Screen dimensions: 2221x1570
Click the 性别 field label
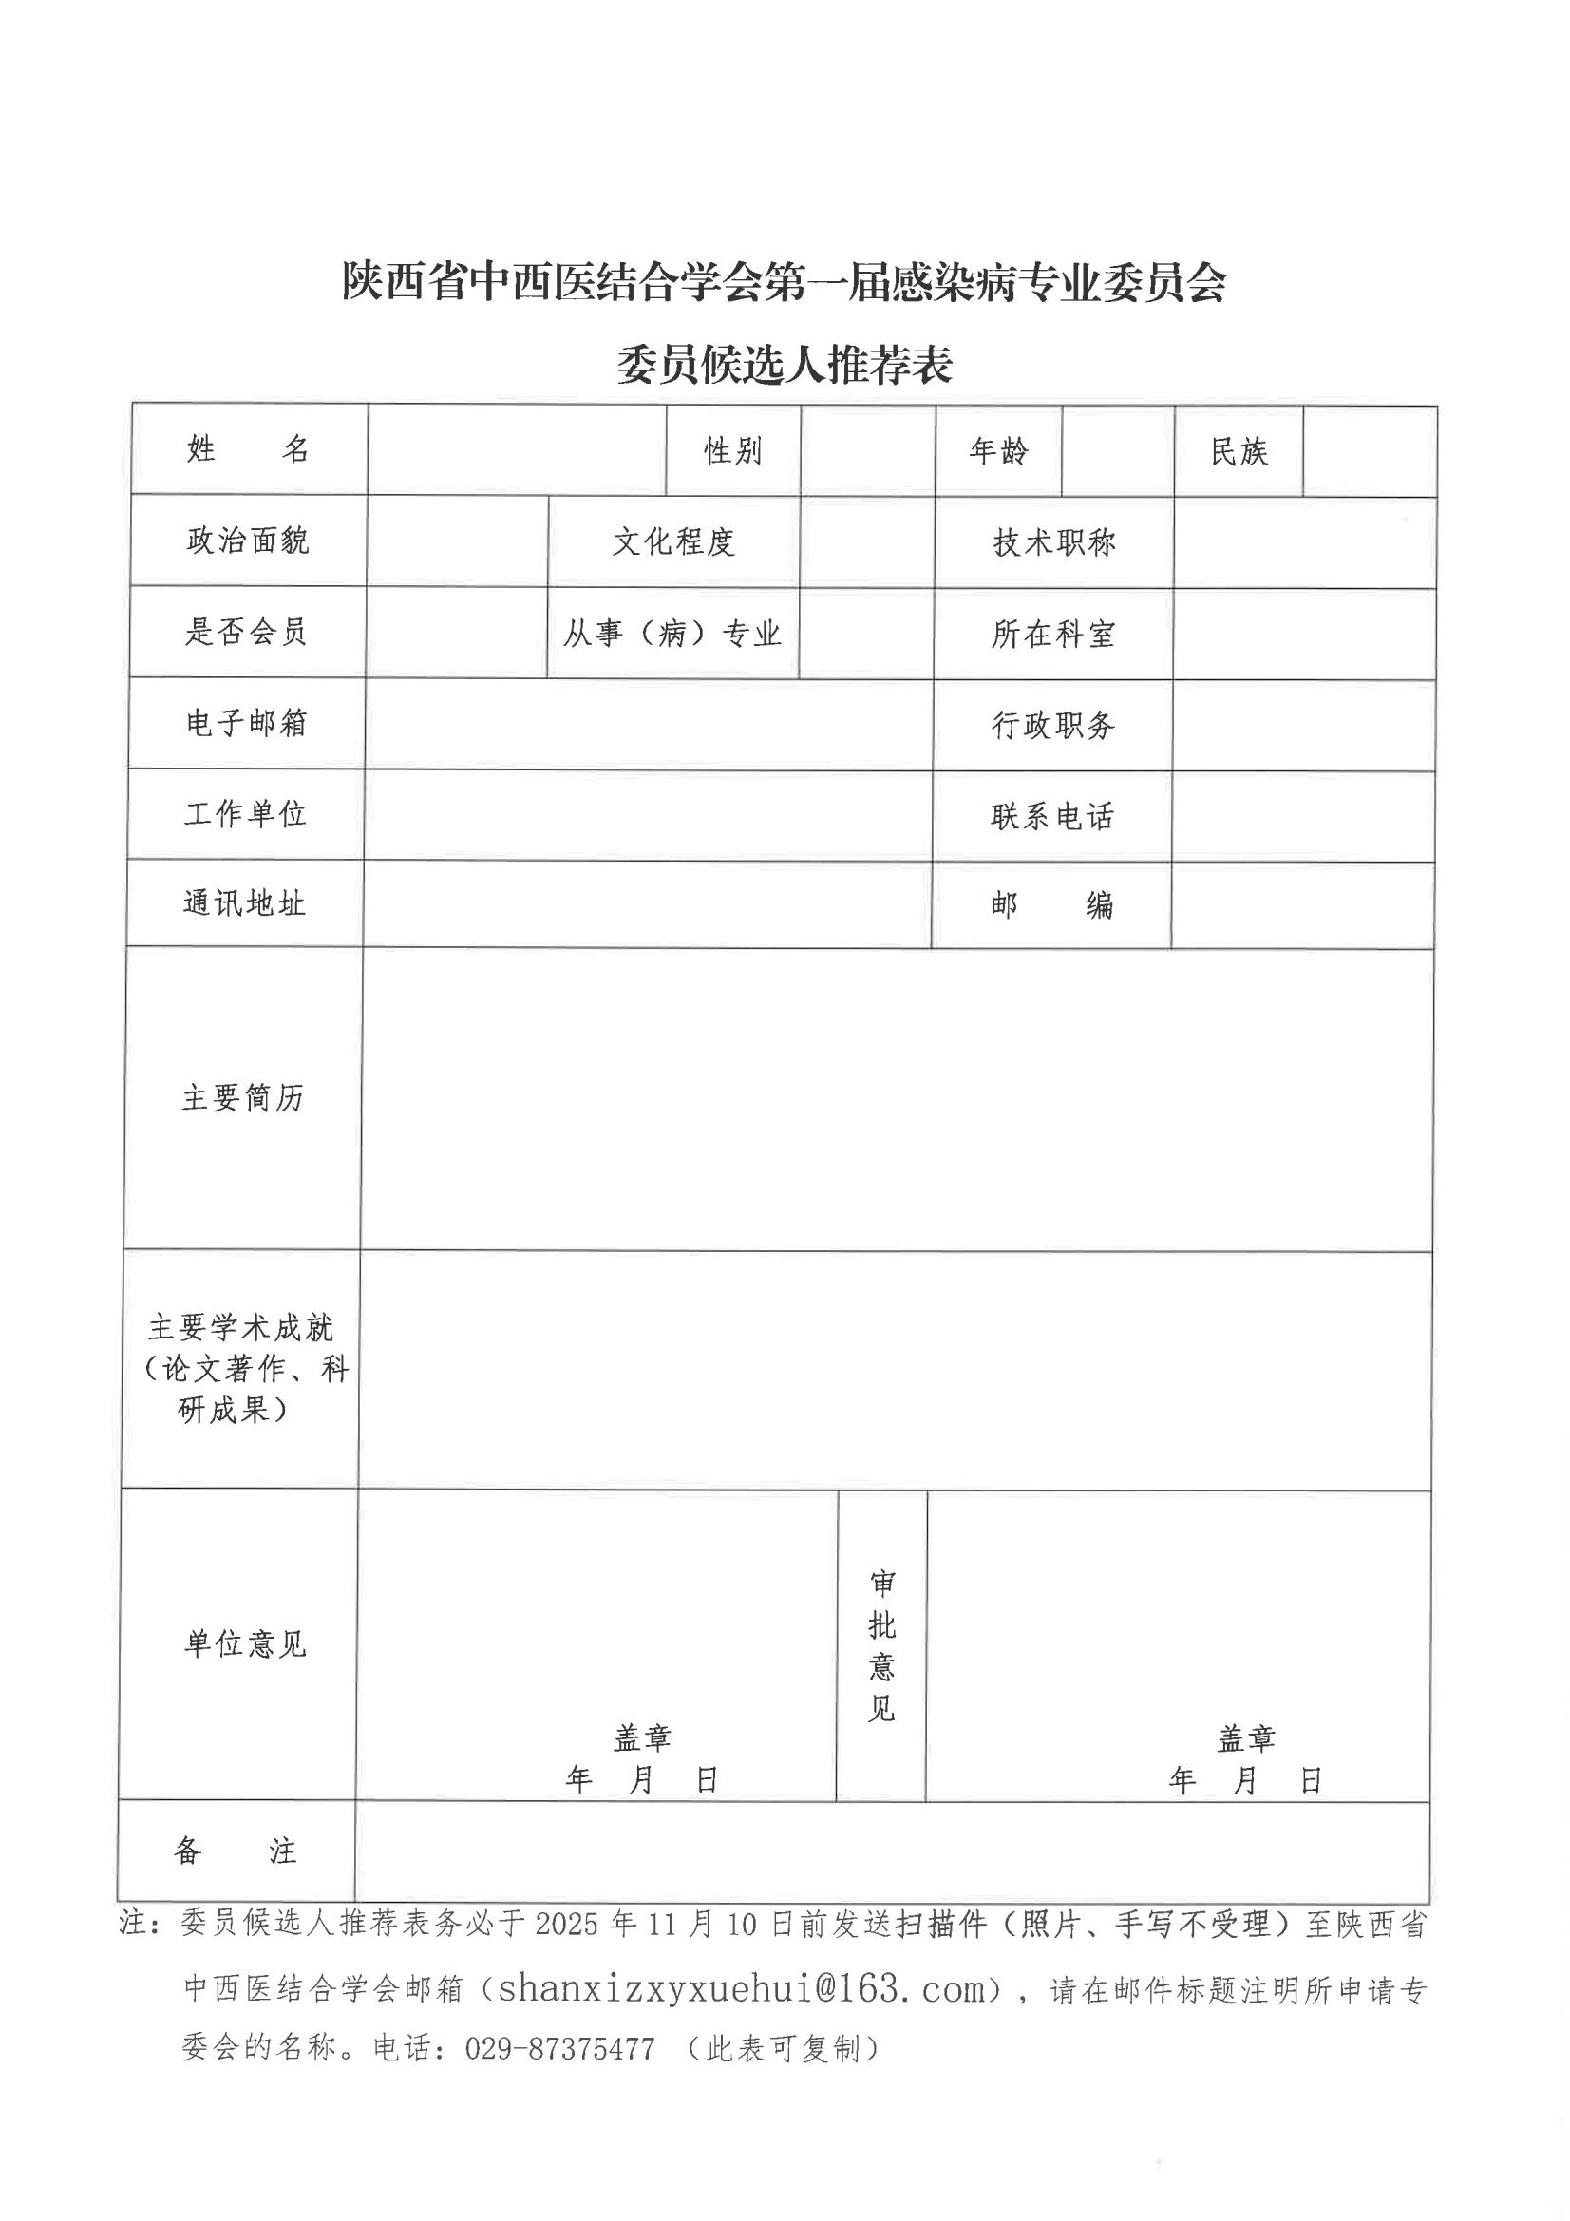coord(732,451)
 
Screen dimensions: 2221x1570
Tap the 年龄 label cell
coord(998,451)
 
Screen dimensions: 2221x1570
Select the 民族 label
coord(1239,452)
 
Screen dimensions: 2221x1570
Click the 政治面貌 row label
coord(248,541)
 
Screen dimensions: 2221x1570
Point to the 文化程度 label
coord(673,541)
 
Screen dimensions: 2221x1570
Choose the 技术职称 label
coord(1053,542)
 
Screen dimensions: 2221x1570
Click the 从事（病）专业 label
coord(672,634)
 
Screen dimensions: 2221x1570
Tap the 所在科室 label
coord(1052,635)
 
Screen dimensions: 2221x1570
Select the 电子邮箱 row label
coord(246,723)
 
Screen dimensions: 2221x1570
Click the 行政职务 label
coord(1052,726)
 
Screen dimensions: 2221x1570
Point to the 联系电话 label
coord(1051,816)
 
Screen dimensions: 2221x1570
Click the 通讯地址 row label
coord(244,903)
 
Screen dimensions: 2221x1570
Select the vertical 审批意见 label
coord(881,1645)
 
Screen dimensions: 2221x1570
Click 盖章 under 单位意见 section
coord(641,1738)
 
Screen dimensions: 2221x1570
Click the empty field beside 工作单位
coord(647,814)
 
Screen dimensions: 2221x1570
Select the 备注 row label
coord(235,1851)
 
